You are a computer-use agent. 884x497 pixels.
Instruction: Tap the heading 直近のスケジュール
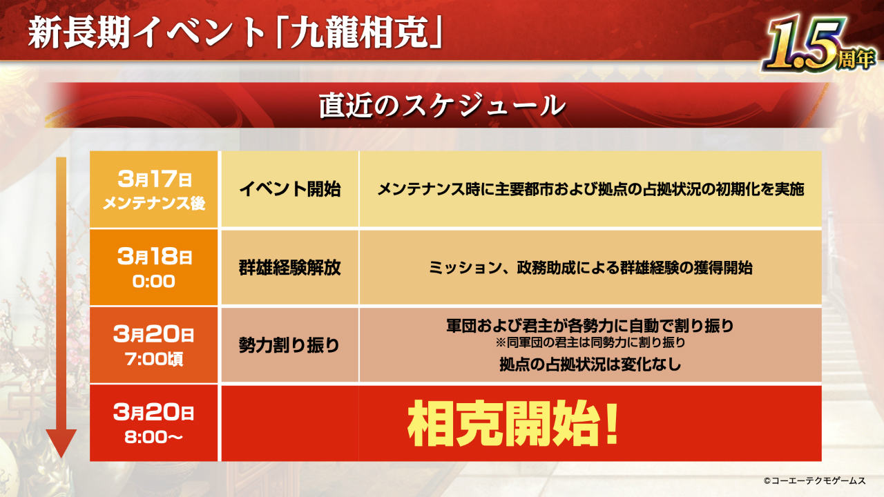[442, 106]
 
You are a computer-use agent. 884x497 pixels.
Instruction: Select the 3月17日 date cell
[153, 189]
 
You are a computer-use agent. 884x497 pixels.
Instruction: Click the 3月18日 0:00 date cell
[153, 267]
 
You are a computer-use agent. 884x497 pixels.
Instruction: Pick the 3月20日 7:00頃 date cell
[153, 345]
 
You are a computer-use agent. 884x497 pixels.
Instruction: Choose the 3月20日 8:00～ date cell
[153, 423]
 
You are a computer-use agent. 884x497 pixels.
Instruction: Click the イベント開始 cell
[290, 189]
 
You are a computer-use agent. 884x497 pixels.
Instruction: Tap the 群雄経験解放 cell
[290, 267]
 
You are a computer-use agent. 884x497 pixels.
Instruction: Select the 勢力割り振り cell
[290, 345]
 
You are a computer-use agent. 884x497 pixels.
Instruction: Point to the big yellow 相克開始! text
[513, 423]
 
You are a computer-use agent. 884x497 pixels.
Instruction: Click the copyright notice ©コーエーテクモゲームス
[814, 480]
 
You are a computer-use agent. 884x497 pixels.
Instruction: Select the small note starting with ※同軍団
[590, 342]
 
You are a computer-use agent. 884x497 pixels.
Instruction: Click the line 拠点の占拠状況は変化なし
[590, 364]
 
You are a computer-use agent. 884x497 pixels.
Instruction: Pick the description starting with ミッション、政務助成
[590, 268]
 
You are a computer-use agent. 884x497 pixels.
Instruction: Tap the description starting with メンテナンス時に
[590, 189]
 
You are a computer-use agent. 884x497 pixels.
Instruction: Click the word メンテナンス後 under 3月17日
[154, 204]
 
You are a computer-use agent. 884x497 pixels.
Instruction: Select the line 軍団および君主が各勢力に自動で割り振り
[590, 326]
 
